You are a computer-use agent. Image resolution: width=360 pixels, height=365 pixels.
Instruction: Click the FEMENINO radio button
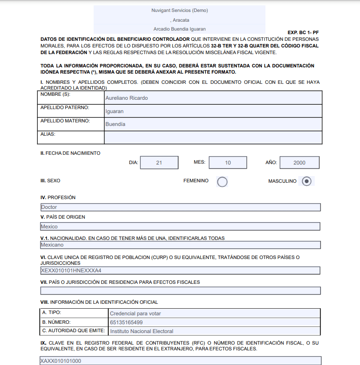pos(222,181)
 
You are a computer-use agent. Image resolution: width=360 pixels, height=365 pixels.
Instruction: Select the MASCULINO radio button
pos(306,181)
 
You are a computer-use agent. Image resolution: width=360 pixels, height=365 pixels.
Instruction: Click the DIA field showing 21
pos(159,163)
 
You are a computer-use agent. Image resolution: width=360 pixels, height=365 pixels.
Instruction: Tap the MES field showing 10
pos(228,163)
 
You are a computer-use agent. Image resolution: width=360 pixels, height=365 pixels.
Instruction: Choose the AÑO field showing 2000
pos(299,163)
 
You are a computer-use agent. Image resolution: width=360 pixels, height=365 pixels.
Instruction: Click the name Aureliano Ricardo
pos(127,98)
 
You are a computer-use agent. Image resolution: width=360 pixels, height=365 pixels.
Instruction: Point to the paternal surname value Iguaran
pos(115,111)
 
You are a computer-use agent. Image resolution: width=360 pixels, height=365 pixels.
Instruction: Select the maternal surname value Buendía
pos(115,124)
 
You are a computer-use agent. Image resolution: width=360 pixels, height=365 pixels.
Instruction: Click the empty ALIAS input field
pos(213,137)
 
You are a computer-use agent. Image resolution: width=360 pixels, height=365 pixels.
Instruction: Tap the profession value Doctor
pos(49,207)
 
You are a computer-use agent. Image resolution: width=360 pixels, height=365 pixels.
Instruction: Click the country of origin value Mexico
pos(49,227)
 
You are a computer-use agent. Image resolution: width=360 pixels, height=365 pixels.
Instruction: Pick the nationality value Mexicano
pos(52,245)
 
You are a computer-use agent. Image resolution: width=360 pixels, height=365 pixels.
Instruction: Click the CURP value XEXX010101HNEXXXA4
pos(71,270)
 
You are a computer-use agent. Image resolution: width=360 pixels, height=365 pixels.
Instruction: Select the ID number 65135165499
pos(127,322)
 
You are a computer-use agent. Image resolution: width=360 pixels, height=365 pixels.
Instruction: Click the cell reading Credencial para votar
pos(135,314)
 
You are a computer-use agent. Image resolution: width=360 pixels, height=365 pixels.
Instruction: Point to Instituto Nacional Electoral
pos(142,331)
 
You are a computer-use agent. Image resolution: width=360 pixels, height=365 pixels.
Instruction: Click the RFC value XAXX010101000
pos(61,361)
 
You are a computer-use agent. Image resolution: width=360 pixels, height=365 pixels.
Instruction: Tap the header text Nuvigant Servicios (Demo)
pos(179,11)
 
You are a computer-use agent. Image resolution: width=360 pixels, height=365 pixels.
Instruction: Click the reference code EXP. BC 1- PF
pos(303,33)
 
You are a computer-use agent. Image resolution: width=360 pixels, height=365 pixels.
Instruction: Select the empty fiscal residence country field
pos(180,291)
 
